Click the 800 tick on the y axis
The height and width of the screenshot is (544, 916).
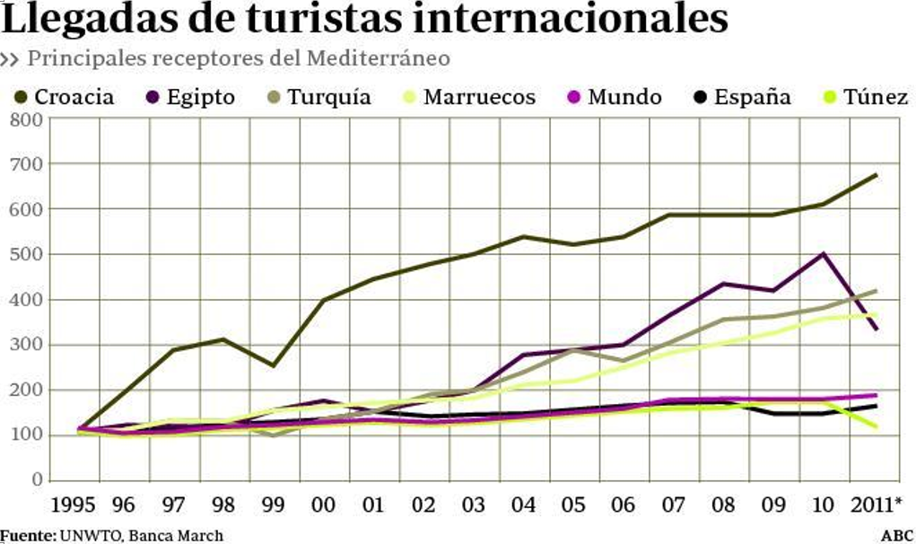pyautogui.click(x=26, y=118)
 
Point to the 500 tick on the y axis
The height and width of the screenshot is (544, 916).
pyautogui.click(x=26, y=254)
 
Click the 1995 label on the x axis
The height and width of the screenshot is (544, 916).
pyautogui.click(x=74, y=505)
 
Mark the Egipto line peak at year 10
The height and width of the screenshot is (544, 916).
pyautogui.click(x=824, y=254)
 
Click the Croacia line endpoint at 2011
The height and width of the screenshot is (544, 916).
pyautogui.click(x=876, y=175)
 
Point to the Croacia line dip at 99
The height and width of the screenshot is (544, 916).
pyautogui.click(x=273, y=365)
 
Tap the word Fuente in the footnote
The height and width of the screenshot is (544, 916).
pyautogui.click(x=27, y=536)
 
